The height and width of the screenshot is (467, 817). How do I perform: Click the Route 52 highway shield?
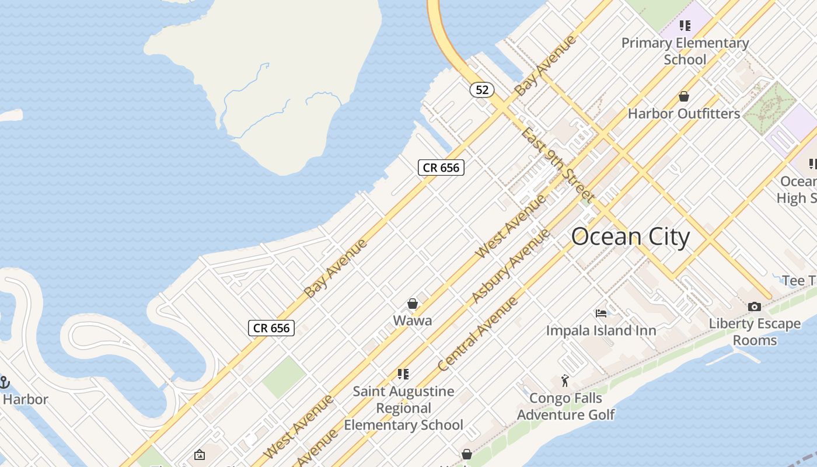[x=481, y=90]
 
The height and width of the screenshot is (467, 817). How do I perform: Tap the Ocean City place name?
[x=630, y=237]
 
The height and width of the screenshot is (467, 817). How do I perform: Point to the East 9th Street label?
[x=558, y=165]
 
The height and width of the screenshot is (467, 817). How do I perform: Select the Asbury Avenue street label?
[x=511, y=266]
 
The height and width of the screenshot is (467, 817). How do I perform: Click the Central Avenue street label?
[x=477, y=334]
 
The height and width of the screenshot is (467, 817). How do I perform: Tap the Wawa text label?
[x=413, y=320]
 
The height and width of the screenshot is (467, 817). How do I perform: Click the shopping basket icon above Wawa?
[x=413, y=304]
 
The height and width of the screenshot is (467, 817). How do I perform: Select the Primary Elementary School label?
[x=685, y=51]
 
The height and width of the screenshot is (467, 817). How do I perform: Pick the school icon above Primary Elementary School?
[x=685, y=26]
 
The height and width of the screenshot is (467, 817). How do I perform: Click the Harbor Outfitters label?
[x=684, y=113]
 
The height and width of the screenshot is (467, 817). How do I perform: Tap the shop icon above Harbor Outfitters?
[x=684, y=96]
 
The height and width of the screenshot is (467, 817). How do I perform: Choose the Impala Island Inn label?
[x=601, y=330]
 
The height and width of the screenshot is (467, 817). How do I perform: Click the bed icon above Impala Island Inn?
[x=601, y=313]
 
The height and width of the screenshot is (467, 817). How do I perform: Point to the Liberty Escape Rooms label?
[x=755, y=332]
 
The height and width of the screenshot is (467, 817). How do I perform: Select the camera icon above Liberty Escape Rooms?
[x=755, y=306]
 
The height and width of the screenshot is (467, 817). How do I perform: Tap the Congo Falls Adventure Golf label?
[x=565, y=406]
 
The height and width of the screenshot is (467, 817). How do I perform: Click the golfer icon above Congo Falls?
[x=564, y=381]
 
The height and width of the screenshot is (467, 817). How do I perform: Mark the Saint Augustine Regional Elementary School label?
[x=404, y=408]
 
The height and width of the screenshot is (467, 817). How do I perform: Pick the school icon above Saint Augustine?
[x=403, y=374]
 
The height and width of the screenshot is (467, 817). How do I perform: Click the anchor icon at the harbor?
[x=5, y=382]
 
